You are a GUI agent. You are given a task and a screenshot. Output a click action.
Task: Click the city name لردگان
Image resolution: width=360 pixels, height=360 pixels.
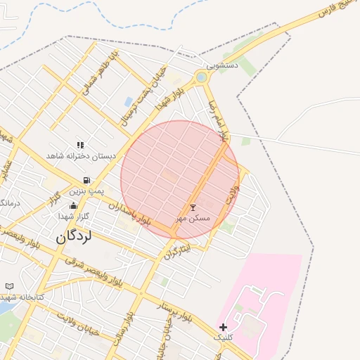[x=74, y=237]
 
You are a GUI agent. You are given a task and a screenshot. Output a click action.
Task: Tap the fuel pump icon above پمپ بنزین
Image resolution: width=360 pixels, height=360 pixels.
[x=86, y=181]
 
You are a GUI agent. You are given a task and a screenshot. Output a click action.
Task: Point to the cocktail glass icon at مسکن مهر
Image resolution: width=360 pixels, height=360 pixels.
[x=193, y=207]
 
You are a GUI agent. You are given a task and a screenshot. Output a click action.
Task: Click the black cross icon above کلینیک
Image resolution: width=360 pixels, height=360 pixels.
[x=223, y=327]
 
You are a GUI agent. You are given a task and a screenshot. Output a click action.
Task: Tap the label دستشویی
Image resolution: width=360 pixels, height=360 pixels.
[x=221, y=65]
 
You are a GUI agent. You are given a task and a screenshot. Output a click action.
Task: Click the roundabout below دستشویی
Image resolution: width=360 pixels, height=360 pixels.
[x=202, y=77]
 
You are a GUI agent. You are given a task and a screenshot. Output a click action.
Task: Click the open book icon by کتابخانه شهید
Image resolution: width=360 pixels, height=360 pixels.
[x=10, y=286]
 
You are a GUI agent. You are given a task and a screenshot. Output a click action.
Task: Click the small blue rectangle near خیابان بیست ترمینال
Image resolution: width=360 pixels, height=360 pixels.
[x=129, y=103]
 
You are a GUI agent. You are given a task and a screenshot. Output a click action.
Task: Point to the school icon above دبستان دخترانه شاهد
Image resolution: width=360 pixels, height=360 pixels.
[x=80, y=145]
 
